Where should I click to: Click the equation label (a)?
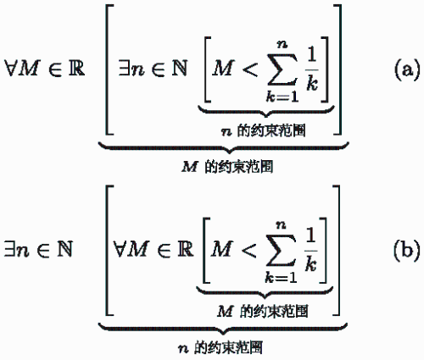407,69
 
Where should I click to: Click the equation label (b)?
407,250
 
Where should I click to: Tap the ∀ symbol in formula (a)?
11,69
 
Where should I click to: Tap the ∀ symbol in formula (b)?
120,249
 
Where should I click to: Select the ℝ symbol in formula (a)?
76,68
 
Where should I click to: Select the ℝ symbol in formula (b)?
186,249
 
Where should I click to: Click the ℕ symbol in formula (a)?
180,68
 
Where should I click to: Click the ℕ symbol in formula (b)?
65,249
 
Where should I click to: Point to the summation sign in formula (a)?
282,69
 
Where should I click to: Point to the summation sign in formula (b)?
281,251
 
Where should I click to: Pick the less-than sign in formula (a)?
250,69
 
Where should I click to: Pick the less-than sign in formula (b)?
248,250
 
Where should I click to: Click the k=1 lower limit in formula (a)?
282,97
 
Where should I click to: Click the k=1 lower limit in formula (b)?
281,278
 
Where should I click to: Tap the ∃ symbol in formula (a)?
124,69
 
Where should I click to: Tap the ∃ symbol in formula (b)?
10,249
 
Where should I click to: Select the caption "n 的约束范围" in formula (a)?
264,131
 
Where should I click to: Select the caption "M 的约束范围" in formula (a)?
227,167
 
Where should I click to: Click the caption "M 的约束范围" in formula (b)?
263,312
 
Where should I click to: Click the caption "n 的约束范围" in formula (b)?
220,347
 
